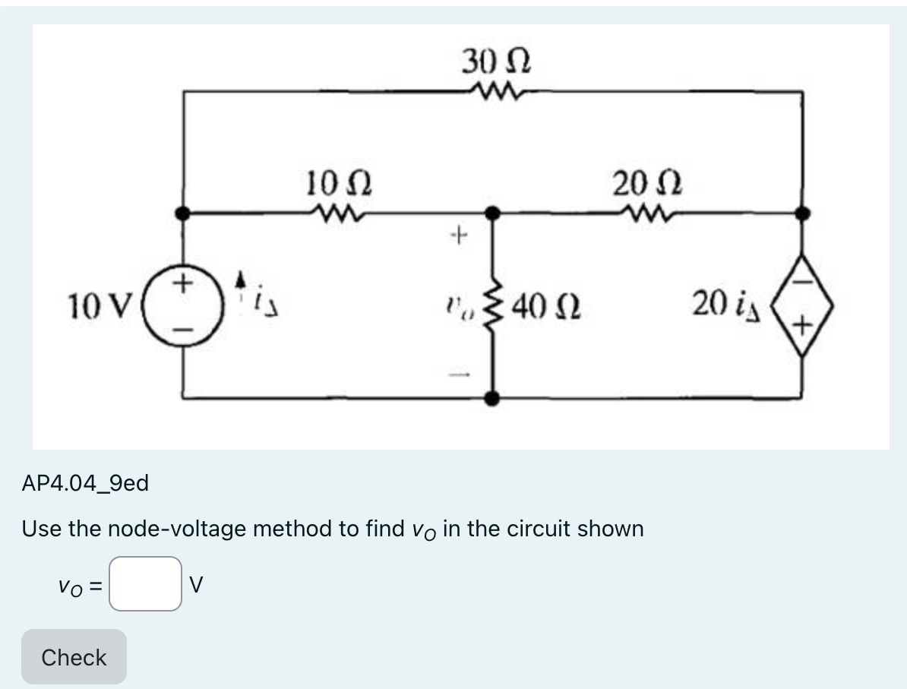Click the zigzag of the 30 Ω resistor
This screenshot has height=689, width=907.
pos(495,92)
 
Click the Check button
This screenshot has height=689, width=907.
pos(74,657)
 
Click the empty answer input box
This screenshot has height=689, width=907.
pos(145,584)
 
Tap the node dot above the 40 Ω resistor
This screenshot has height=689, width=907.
pos(494,213)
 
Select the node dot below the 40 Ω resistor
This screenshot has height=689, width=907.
pos(494,397)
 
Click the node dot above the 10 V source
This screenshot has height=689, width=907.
pos(182,213)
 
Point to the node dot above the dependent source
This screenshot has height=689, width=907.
pos(803,213)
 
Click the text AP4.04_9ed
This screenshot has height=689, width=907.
pos(86,482)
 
